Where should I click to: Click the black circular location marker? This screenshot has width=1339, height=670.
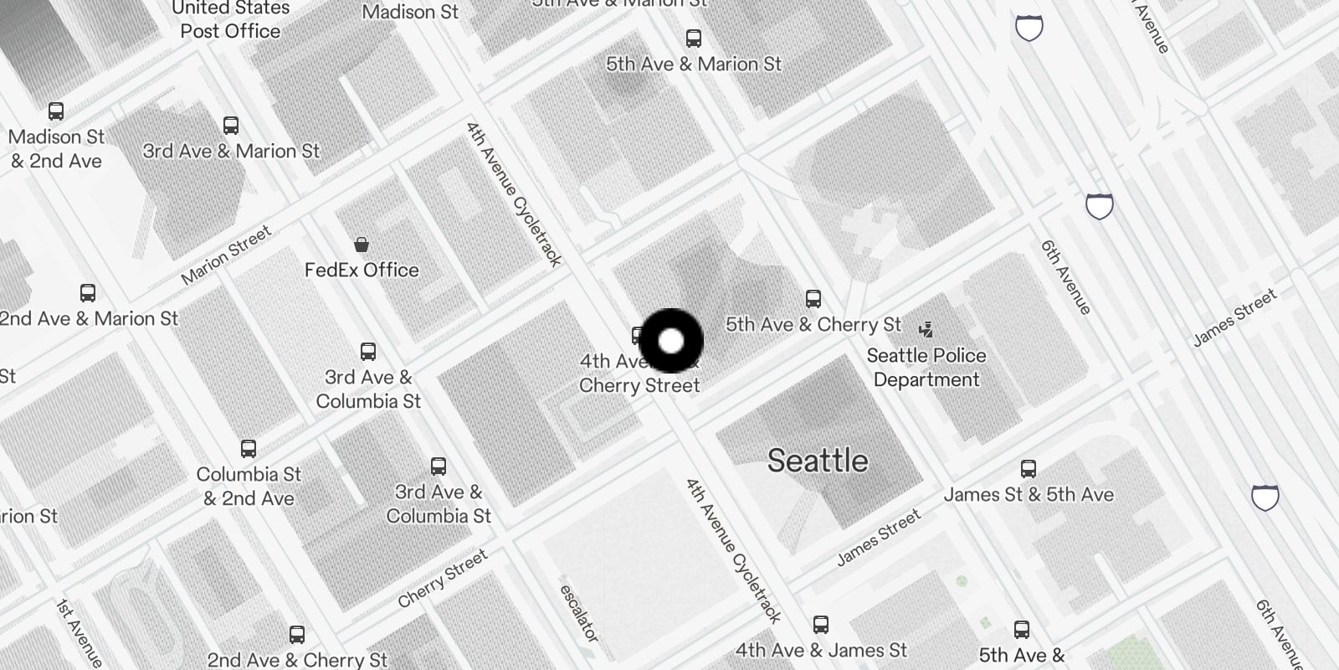671,341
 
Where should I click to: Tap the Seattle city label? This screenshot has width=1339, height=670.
818,461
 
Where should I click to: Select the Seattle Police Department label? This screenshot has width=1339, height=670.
926,368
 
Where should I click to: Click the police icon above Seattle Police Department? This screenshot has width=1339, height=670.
926,329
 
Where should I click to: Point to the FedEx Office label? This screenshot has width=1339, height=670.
362,270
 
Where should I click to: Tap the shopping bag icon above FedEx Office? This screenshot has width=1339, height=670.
362,245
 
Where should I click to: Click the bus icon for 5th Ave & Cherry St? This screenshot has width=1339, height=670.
813,298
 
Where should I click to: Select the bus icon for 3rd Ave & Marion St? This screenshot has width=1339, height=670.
231,126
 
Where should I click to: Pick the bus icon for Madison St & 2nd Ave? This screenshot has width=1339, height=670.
56,111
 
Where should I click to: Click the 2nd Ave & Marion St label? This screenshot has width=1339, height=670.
90,318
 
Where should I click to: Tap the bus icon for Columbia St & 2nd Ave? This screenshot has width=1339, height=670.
249,448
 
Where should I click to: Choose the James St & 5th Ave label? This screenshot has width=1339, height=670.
1029,494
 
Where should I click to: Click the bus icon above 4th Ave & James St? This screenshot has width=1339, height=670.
821,625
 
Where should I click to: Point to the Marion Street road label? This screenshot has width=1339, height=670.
227,255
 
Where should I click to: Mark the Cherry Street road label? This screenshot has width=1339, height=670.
442,579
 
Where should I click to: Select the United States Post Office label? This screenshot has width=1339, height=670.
230,20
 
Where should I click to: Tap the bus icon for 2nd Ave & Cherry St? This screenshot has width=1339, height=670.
297,634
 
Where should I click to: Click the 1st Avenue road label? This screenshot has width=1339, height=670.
80,633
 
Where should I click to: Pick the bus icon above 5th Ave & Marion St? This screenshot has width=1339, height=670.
694,38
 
